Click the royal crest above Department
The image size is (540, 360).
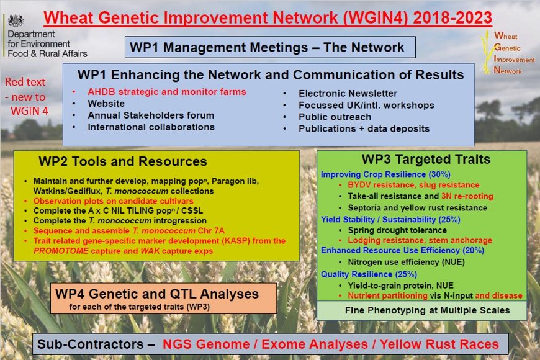tap(16, 20)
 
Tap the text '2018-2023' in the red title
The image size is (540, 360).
tap(452, 17)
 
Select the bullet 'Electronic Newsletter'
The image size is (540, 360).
tap(348, 93)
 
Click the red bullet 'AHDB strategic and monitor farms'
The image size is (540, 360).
tap(167, 92)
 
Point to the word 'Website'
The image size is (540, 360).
tap(106, 104)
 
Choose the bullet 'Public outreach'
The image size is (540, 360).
tap(335, 117)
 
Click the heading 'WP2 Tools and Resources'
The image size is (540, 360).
tap(123, 161)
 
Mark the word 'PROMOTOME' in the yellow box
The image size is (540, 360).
tap(61, 251)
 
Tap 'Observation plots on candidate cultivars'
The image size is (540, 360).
tap(114, 201)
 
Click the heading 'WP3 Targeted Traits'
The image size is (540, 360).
tap(426, 159)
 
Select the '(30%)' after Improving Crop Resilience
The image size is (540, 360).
tap(439, 174)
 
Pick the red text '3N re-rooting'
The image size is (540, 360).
tap(467, 196)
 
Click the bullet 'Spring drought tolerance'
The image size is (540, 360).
tap(397, 230)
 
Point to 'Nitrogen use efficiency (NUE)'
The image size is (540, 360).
tap(407, 262)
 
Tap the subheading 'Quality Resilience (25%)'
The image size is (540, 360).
tap(369, 274)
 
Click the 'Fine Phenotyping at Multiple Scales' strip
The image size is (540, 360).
tap(421, 310)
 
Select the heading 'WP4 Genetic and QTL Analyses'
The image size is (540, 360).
tap(157, 294)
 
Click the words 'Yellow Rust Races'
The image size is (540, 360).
tap(439, 344)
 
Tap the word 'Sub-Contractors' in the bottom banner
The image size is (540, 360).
tap(90, 344)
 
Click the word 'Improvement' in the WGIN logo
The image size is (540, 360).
tap(514, 59)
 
